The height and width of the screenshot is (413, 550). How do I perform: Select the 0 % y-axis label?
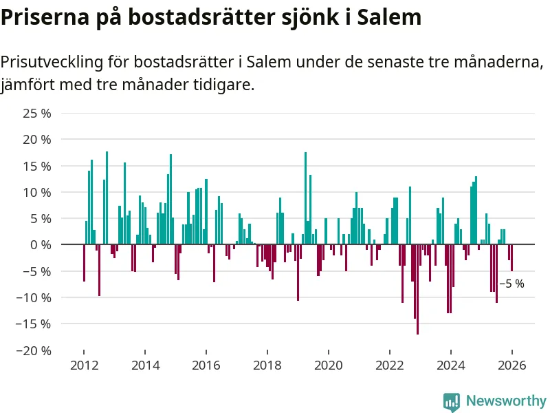41,244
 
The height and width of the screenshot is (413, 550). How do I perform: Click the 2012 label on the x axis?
83,366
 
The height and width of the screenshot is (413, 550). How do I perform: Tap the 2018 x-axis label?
267,366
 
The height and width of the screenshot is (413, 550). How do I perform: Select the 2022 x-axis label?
389,366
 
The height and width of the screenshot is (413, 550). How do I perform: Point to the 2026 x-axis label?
511,366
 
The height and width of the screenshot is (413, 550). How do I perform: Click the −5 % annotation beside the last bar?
511,284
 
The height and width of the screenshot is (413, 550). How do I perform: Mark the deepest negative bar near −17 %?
417,289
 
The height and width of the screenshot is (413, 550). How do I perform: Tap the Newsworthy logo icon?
452,401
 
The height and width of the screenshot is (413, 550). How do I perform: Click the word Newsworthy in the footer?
506,401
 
